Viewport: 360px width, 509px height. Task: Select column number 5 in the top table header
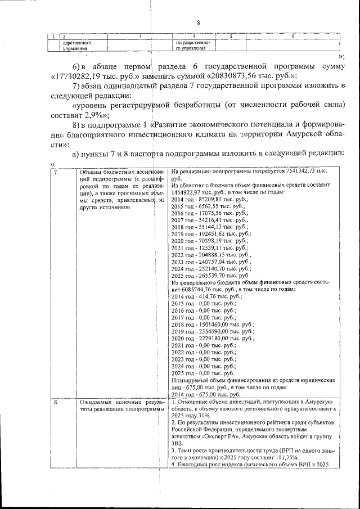(231, 37)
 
